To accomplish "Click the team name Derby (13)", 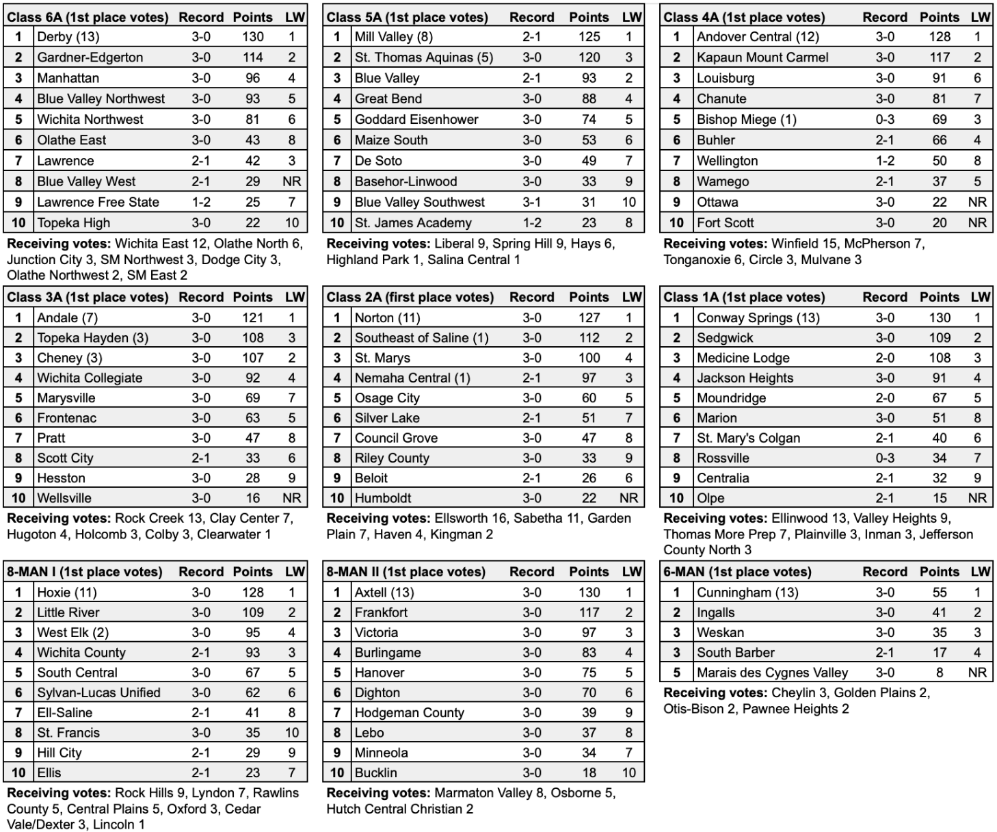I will tap(68, 37).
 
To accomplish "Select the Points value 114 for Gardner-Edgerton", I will tap(252, 57).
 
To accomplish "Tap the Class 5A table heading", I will tap(407, 17).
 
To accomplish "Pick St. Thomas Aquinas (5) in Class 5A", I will tap(423, 57).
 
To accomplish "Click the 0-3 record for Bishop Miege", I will tap(884, 119).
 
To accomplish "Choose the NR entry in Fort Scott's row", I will tap(977, 222).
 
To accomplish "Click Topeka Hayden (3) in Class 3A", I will tap(92, 337).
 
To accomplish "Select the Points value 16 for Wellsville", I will tap(252, 498).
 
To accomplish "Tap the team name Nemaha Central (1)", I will tap(412, 378).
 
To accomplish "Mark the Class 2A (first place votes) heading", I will tap(410, 297).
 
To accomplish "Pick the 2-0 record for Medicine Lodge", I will tap(884, 358).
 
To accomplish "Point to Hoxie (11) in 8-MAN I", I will tap(67, 593).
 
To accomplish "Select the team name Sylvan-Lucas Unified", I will tap(98, 692).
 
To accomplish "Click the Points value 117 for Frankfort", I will tap(589, 612).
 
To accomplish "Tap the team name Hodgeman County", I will tap(409, 712).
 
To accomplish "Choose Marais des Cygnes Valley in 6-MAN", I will tap(772, 673).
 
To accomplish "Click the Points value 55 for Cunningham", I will tap(940, 593).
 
